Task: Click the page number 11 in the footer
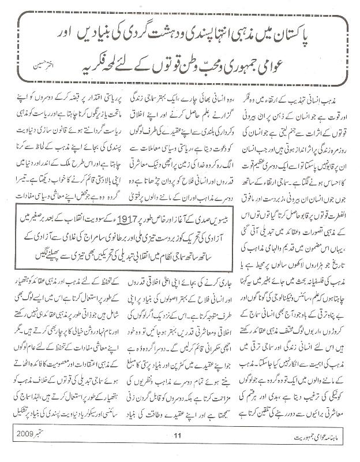pos(178,450)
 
